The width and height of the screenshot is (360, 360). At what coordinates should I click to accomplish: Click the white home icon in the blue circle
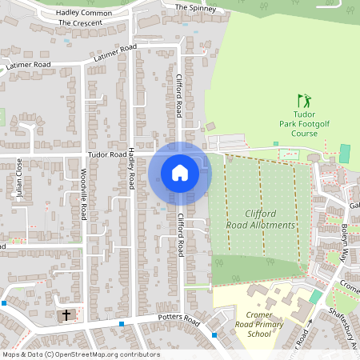[180, 173]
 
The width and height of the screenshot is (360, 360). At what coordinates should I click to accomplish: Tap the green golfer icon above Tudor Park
[303, 101]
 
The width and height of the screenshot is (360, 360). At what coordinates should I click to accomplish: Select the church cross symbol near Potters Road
[66, 315]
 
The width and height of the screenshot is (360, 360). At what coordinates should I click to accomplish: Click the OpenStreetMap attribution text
[80, 354]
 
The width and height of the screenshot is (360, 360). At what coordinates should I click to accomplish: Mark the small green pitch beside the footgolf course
[344, 153]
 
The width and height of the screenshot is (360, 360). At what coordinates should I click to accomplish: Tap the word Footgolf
[313, 124]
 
